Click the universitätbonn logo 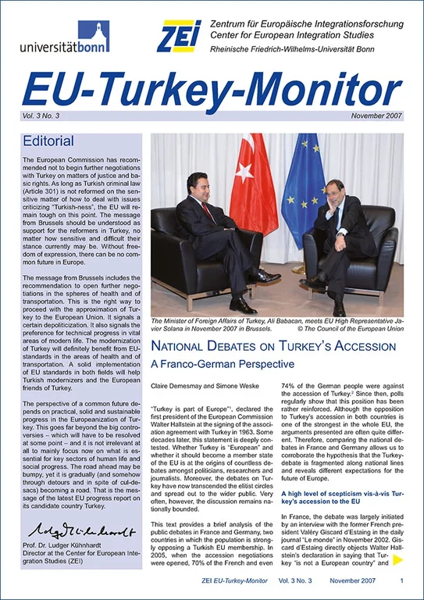pyautogui.click(x=65, y=37)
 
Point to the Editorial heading pyautogui.click(x=49, y=141)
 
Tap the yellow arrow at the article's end pyautogui.click(x=397, y=559)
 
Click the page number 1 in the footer pyautogui.click(x=401, y=582)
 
